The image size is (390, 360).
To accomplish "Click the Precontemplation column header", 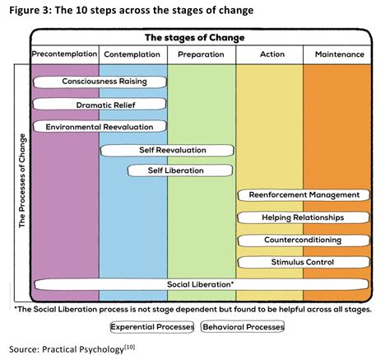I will pos(64,54).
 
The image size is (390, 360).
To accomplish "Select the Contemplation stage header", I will pos(132,54).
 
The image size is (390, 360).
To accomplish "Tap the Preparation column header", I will pos(201,54).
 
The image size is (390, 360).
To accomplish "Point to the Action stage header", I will pos(269,54).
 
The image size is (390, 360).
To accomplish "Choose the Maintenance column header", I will pos(339,54).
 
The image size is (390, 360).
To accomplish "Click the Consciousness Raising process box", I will pos(100,82).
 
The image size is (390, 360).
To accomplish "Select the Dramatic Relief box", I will pos(100,105).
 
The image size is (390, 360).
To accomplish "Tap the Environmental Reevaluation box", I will pos(100,127).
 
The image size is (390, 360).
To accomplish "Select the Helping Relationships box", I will pos(302,217).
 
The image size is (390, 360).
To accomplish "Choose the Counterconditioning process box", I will pos(302,240).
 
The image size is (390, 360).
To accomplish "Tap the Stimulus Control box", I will pos(302,262).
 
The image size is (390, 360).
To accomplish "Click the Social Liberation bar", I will pos(201,284).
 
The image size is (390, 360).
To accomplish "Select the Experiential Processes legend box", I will pos(153,327).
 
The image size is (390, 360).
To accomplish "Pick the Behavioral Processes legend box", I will pos(243,327).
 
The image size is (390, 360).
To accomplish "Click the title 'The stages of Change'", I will pos(201,37).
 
